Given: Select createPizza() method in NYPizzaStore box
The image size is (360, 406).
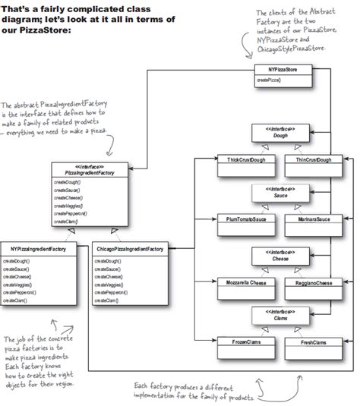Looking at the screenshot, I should (x=270, y=80).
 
